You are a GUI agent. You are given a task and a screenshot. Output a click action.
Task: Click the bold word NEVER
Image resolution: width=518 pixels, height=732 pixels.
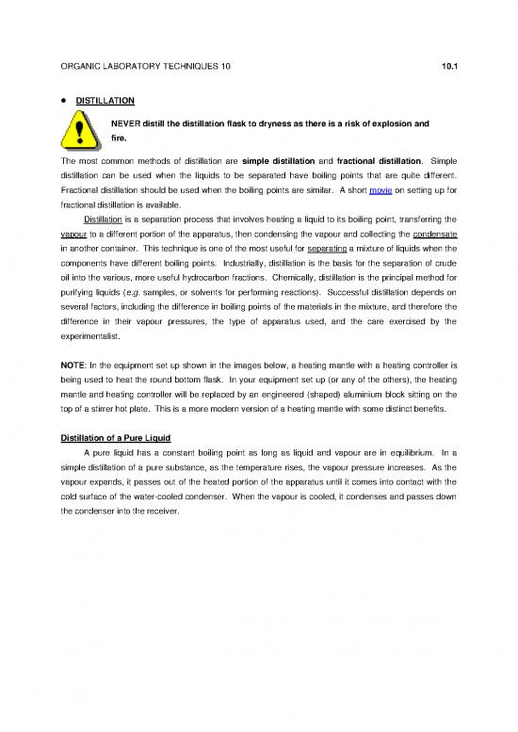tap(126, 122)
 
